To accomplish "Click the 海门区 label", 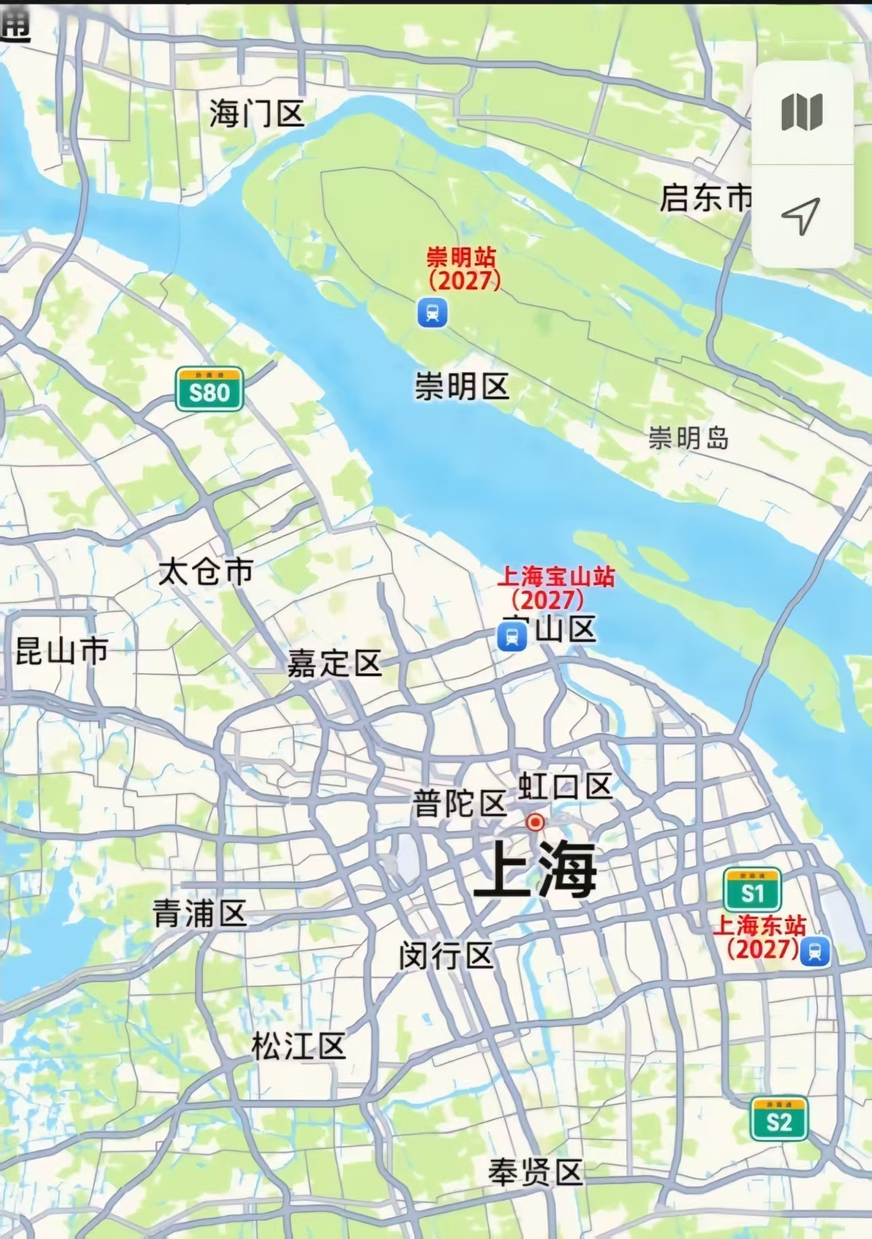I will tap(256, 113).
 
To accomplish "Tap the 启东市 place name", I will tap(706, 198).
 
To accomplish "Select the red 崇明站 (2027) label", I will tap(463, 268).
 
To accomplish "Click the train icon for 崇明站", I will tap(433, 313).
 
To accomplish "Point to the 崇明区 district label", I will tap(462, 387).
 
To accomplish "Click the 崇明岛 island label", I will tap(688, 438).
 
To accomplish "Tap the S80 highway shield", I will tap(209, 390).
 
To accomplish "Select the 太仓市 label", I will tap(206, 572).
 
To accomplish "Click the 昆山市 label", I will tap(61, 651).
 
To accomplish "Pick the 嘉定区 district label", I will tap(334, 663).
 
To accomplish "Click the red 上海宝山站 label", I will tap(555, 587).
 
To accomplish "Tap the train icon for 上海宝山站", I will tap(512, 638).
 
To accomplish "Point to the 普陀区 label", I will tap(459, 803).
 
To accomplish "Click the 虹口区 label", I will tap(565, 787).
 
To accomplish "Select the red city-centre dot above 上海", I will tap(535, 822).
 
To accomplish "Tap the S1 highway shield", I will tap(752, 890).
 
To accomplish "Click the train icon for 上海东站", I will tap(815, 951).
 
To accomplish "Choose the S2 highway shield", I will tap(779, 1119).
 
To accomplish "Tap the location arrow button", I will tap(801, 216).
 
